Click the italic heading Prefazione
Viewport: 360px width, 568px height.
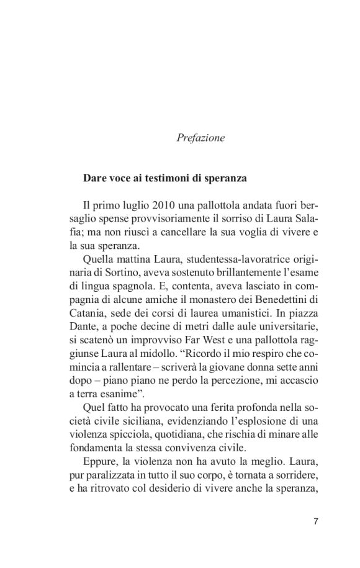click(x=201, y=138)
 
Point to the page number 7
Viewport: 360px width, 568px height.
click(x=316, y=521)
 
